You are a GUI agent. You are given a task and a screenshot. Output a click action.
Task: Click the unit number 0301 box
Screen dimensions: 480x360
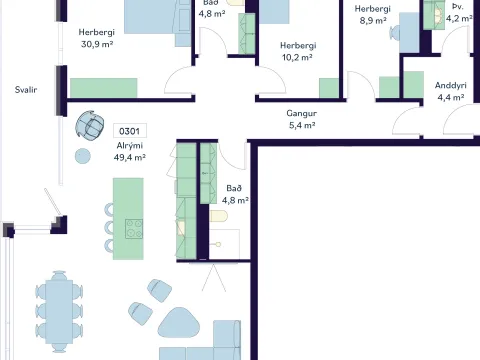[x=130, y=131]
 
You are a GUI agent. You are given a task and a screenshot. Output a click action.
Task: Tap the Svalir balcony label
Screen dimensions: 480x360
[x=26, y=90]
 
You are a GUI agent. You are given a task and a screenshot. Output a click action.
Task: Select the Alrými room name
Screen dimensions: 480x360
[x=130, y=146]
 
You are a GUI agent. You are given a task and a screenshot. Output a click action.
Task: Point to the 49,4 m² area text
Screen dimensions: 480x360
[x=130, y=157]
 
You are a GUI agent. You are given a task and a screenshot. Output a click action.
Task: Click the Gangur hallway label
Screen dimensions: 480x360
[x=302, y=114]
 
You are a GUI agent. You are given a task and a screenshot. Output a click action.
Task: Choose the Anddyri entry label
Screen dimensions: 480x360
[x=451, y=86]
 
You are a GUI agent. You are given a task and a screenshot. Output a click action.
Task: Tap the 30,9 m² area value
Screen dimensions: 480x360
[x=97, y=44]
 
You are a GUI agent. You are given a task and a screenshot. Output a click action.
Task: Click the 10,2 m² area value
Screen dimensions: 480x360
[x=297, y=57]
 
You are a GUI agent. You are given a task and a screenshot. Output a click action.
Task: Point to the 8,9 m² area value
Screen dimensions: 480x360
[x=373, y=21]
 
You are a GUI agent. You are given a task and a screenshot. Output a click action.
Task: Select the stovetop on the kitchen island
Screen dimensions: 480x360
[x=134, y=229]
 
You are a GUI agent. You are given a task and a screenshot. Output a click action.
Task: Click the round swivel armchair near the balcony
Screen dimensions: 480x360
[x=89, y=125]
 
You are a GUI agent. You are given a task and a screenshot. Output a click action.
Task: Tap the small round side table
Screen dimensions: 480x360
[x=83, y=156]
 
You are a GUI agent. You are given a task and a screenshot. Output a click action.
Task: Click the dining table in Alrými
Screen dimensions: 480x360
[x=59, y=312]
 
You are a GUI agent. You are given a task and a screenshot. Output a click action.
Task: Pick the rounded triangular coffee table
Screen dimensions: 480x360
[x=178, y=323]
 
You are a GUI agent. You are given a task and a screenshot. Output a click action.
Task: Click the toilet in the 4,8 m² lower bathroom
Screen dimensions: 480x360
[x=219, y=216]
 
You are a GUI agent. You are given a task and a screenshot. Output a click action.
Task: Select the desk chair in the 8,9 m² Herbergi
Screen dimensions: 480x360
[x=395, y=33]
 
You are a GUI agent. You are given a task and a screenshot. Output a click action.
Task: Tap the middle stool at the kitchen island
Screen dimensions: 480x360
[x=109, y=228]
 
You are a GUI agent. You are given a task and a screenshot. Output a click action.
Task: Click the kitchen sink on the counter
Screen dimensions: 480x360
[x=181, y=228]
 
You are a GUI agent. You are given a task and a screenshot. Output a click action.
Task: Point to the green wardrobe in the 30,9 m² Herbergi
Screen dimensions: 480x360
[x=104, y=88]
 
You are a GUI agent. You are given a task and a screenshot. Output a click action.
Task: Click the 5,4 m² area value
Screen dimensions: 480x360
[x=302, y=125]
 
